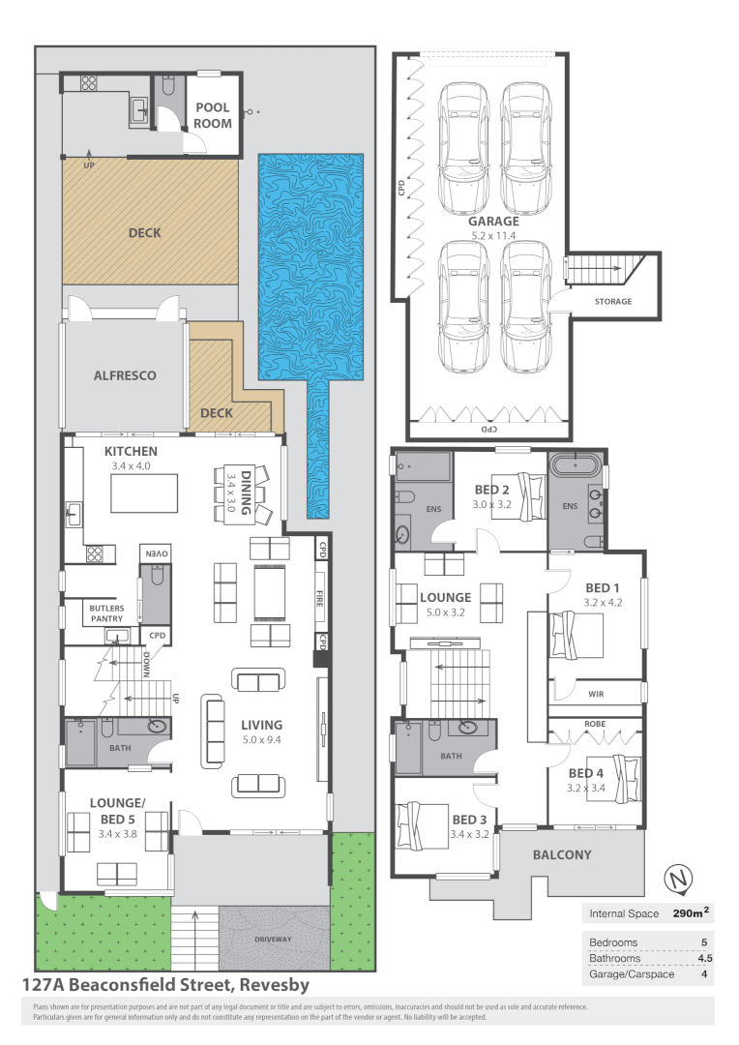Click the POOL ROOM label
pos(213,115)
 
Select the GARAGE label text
pos(494,221)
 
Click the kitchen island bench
pos(146,493)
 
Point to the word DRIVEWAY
pos(273,939)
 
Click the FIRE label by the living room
pos(319,600)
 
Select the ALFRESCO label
pos(125,375)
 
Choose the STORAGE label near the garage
pos(612,301)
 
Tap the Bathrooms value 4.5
pos(697,958)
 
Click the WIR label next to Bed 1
pos(596,693)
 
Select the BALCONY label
pos(562,854)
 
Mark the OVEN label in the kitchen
pos(158,552)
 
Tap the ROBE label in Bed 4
pos(595,723)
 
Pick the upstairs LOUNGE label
pos(445,597)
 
